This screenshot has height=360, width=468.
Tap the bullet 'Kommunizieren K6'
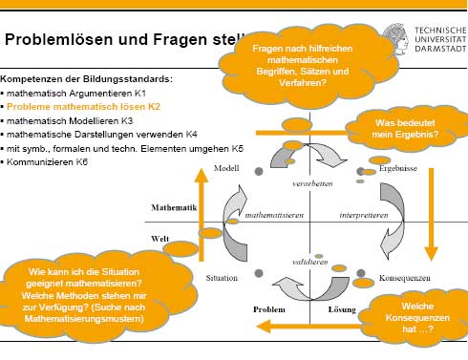click(48, 163)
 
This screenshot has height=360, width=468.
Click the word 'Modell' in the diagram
click(226, 168)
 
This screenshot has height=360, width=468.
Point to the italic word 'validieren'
click(311, 260)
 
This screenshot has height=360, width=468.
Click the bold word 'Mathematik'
click(173, 207)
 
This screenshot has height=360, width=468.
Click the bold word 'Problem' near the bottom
click(270, 310)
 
